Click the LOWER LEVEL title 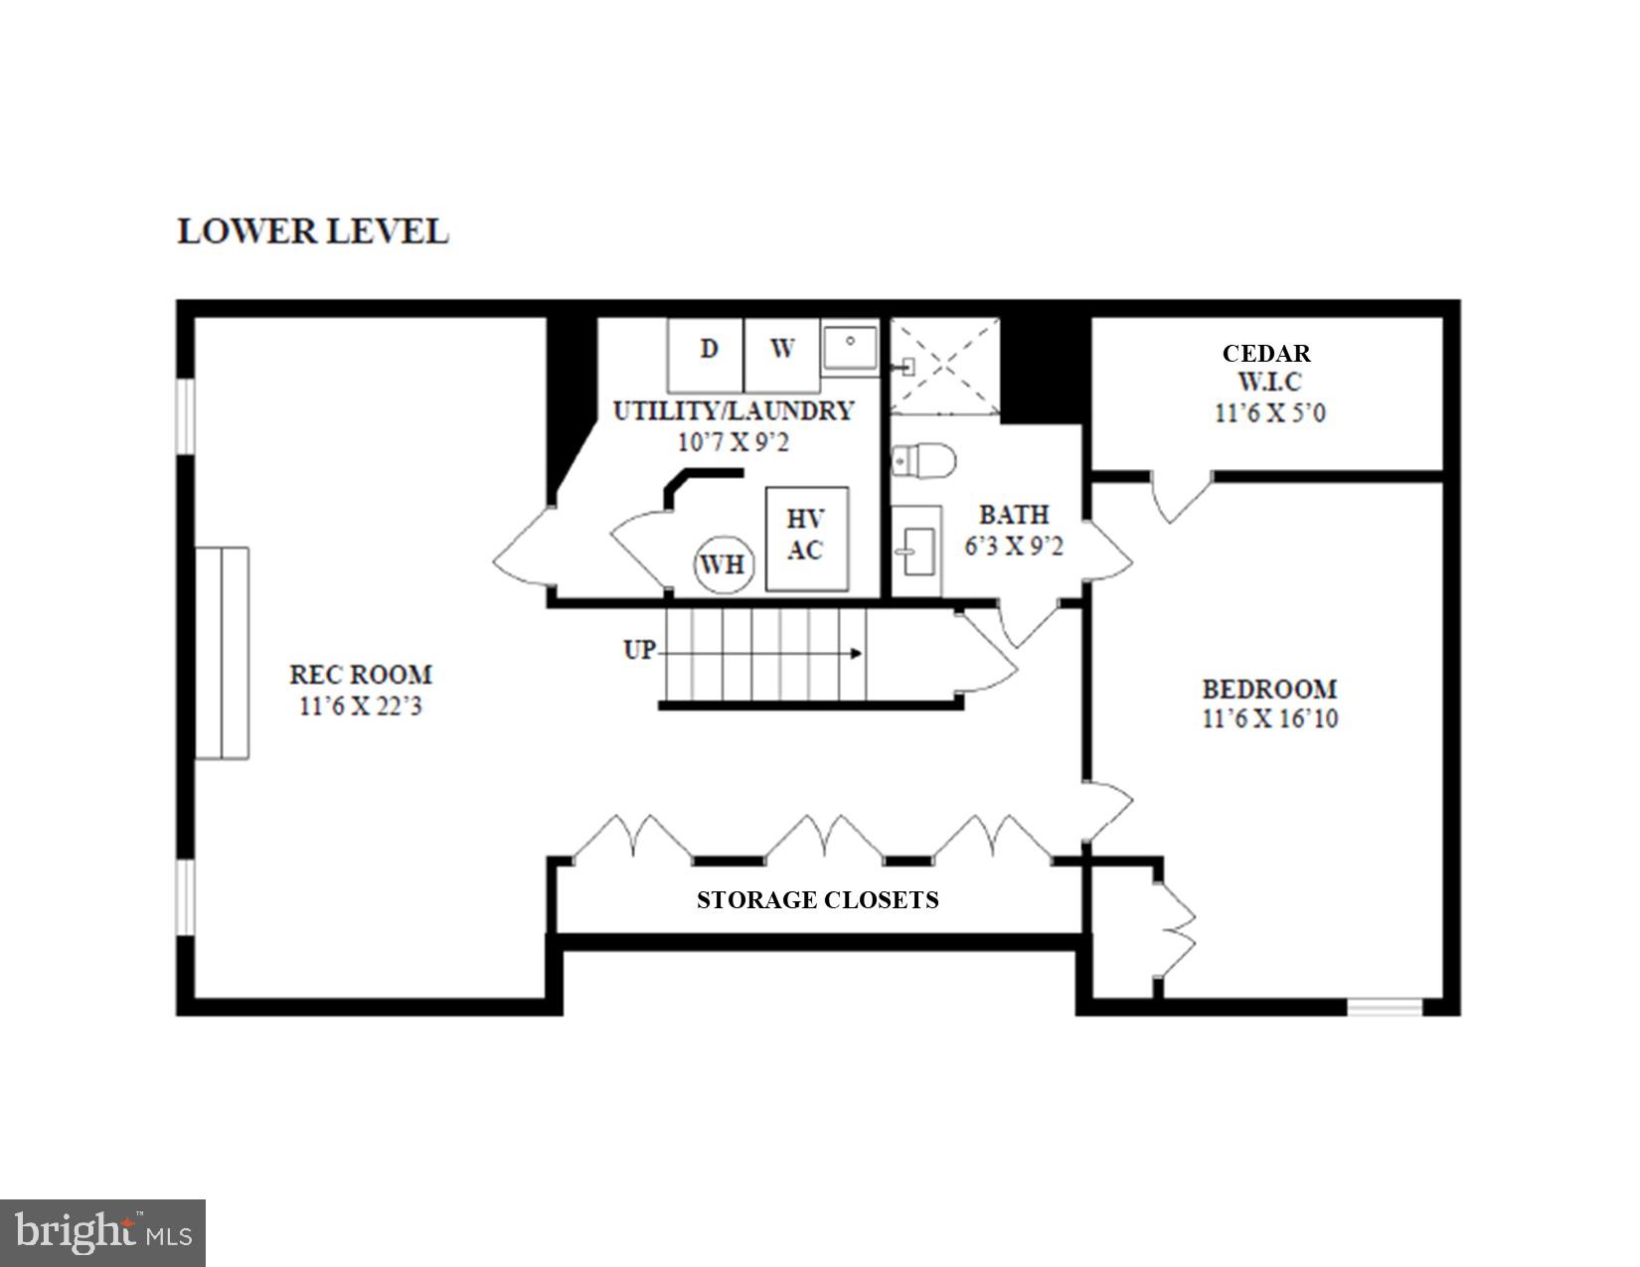[x=313, y=232]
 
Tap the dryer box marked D [x=707, y=354]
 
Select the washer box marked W [x=782, y=354]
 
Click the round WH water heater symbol [x=723, y=564]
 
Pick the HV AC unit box [x=806, y=538]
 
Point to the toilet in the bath [x=924, y=461]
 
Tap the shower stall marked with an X [x=944, y=366]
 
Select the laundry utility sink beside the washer [x=850, y=348]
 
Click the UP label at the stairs [x=639, y=650]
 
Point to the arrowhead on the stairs [x=856, y=653]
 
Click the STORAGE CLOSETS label [x=817, y=900]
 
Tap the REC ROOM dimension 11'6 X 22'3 [x=361, y=708]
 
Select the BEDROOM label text [x=1269, y=689]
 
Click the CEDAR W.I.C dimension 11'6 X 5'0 [x=1269, y=413]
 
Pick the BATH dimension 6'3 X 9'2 [x=1014, y=547]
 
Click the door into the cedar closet [x=1181, y=496]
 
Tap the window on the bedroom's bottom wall [x=1385, y=1008]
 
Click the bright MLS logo [x=102, y=1233]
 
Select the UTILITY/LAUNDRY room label [x=734, y=410]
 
